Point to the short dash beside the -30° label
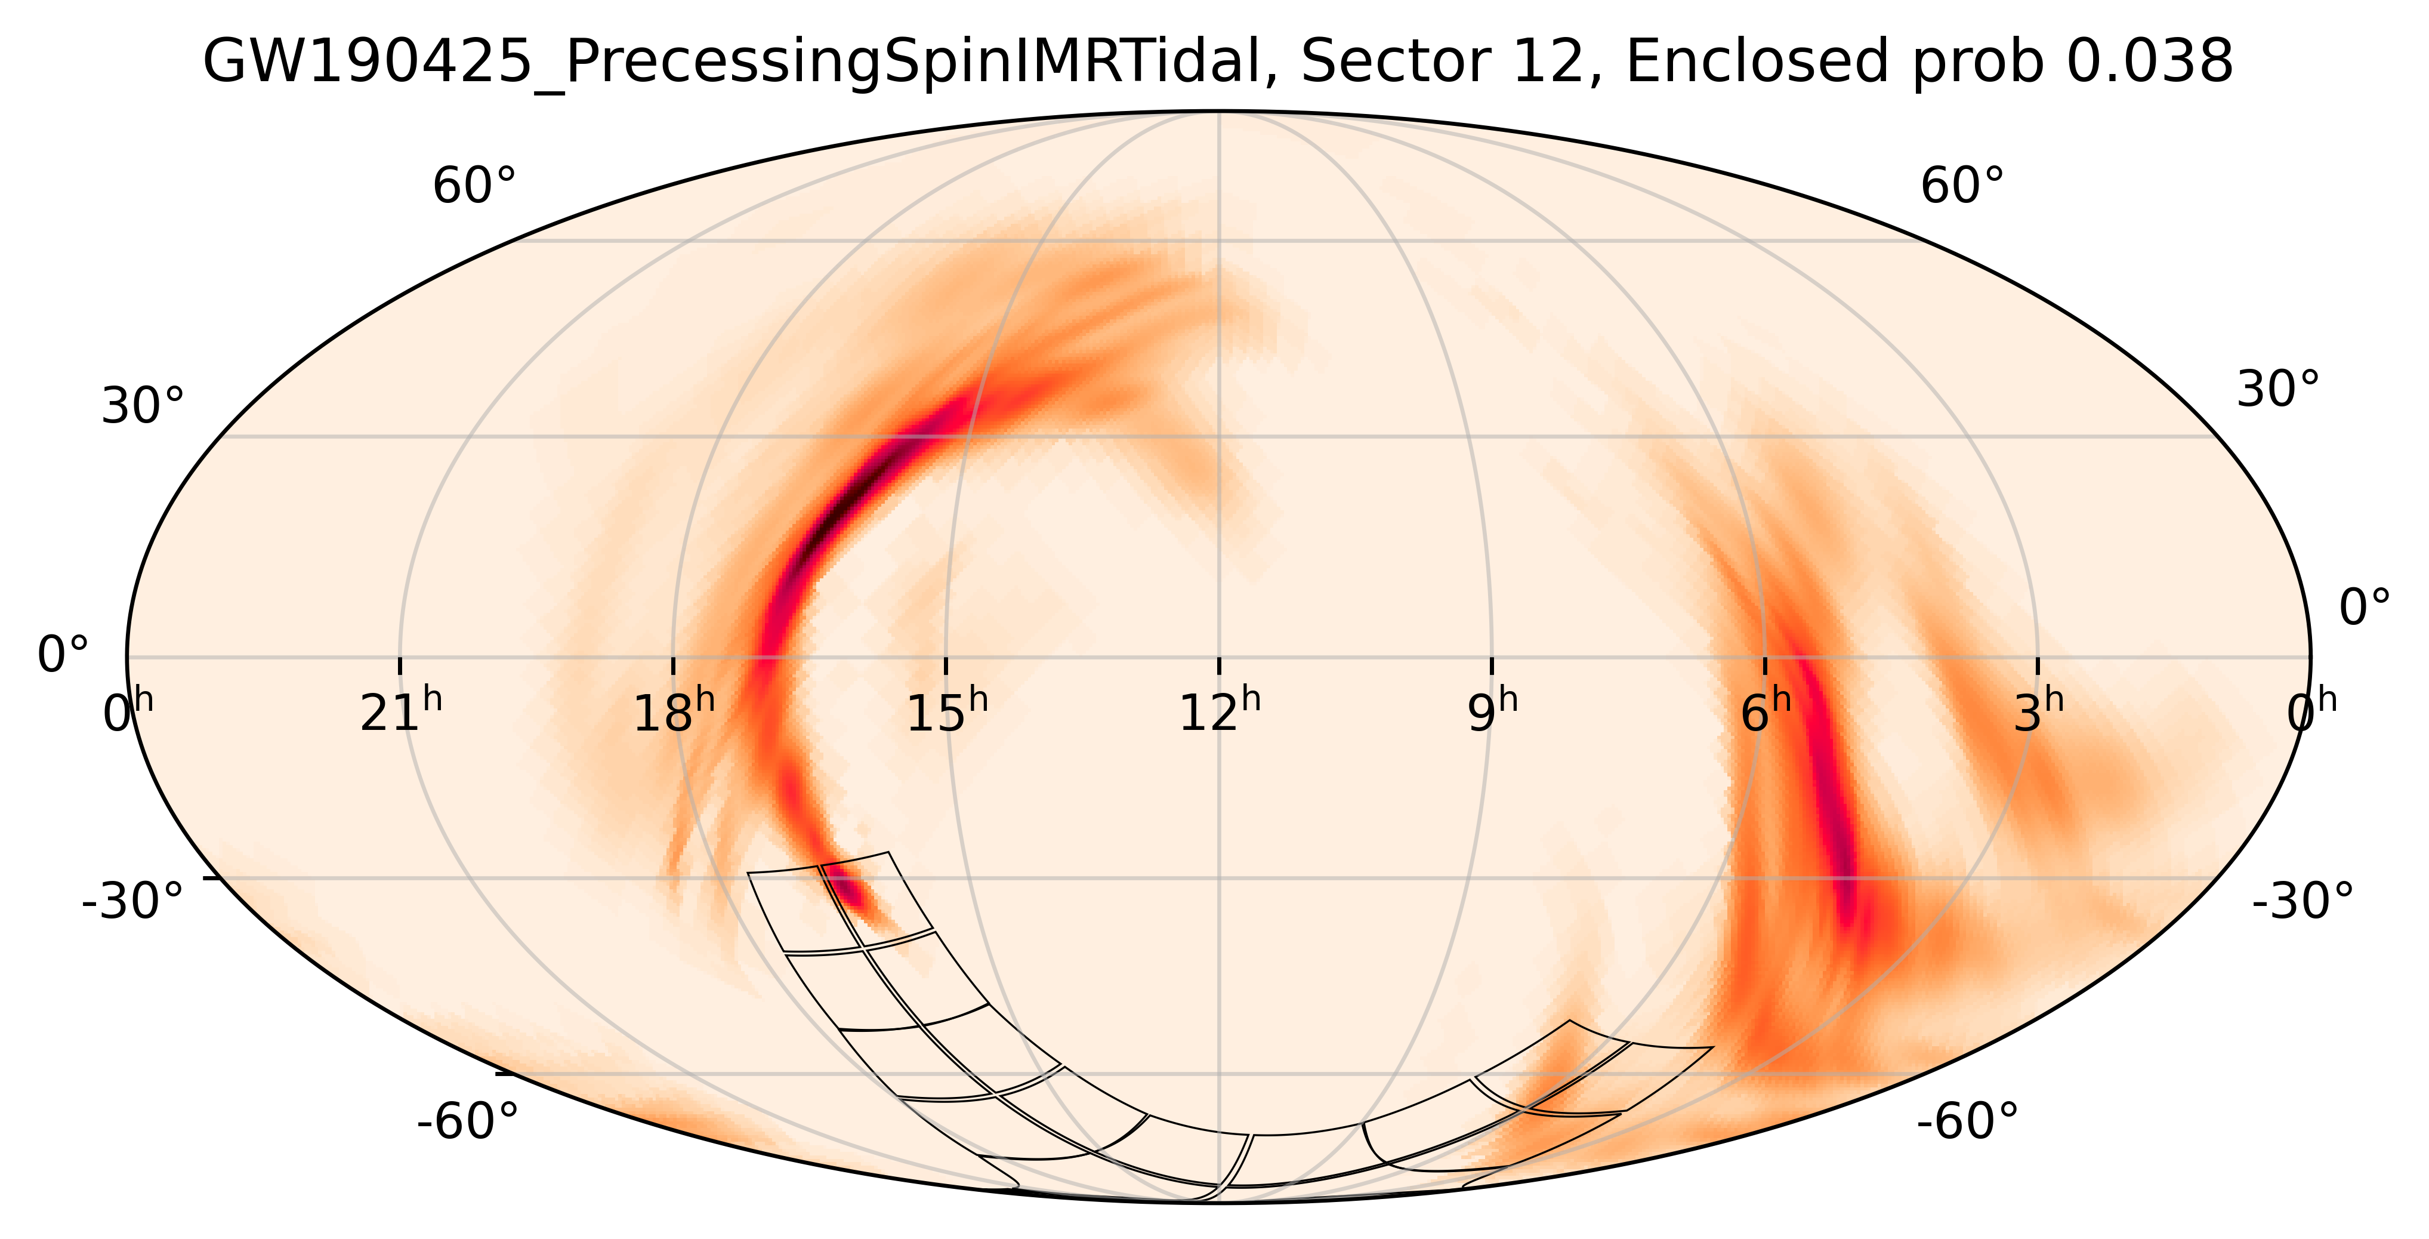coord(213,878)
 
